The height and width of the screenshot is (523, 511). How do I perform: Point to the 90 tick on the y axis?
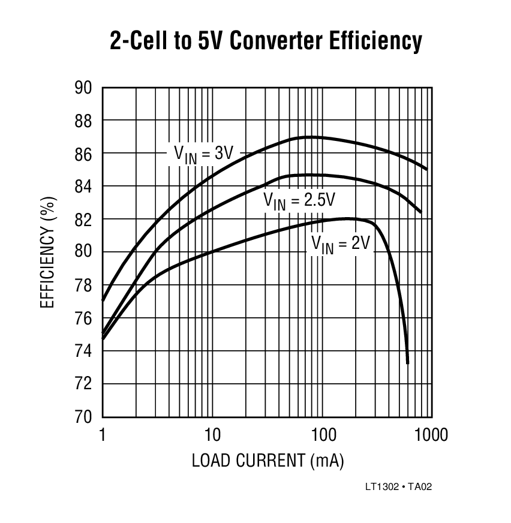click(83, 88)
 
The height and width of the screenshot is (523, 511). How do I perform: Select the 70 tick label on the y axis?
click(83, 416)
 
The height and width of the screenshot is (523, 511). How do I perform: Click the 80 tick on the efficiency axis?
click(83, 252)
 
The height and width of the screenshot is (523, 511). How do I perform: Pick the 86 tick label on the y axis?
click(83, 154)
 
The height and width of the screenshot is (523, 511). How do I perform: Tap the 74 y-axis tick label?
click(83, 351)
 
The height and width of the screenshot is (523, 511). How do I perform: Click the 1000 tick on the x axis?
click(430, 434)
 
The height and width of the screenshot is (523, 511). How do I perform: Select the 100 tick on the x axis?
click(322, 434)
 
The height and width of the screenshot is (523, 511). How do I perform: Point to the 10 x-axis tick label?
click(212, 434)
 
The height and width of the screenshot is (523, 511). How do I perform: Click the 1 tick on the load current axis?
click(103, 434)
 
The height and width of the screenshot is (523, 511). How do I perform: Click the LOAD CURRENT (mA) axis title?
click(267, 461)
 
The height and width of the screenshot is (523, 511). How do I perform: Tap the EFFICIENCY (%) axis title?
click(48, 253)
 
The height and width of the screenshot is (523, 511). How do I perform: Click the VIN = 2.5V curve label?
click(299, 201)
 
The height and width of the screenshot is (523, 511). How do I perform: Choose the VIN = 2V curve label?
click(339, 244)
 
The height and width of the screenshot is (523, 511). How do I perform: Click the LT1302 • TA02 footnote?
click(398, 487)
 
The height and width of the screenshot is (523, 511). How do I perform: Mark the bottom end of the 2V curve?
click(408, 363)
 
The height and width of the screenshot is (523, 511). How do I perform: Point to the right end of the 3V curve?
click(426, 169)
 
